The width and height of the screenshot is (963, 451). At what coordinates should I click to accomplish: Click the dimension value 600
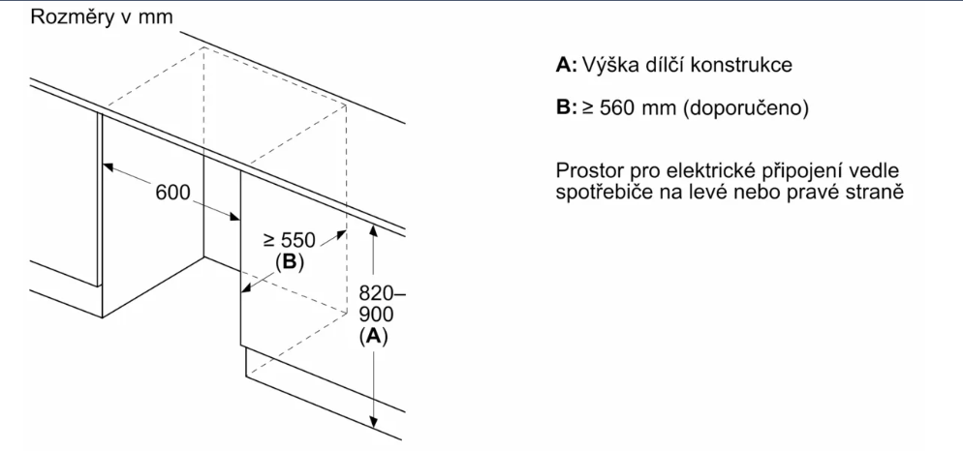pyautogui.click(x=173, y=192)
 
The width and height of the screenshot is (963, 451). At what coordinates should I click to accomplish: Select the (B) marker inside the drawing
pyautogui.click(x=290, y=263)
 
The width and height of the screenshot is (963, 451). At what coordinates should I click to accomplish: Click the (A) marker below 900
pyautogui.click(x=372, y=336)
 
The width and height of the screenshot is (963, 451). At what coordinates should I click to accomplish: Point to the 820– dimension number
pyautogui.click(x=377, y=293)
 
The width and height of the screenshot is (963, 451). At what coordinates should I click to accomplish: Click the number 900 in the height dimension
pyautogui.click(x=373, y=315)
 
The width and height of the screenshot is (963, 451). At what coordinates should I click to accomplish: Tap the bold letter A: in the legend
pyautogui.click(x=567, y=67)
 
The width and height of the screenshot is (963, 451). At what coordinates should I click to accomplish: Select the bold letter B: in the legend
pyautogui.click(x=567, y=108)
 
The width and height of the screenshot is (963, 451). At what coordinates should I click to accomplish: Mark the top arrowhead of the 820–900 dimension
pyautogui.click(x=373, y=232)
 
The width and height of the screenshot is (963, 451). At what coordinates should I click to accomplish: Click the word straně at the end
pyautogui.click(x=875, y=192)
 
